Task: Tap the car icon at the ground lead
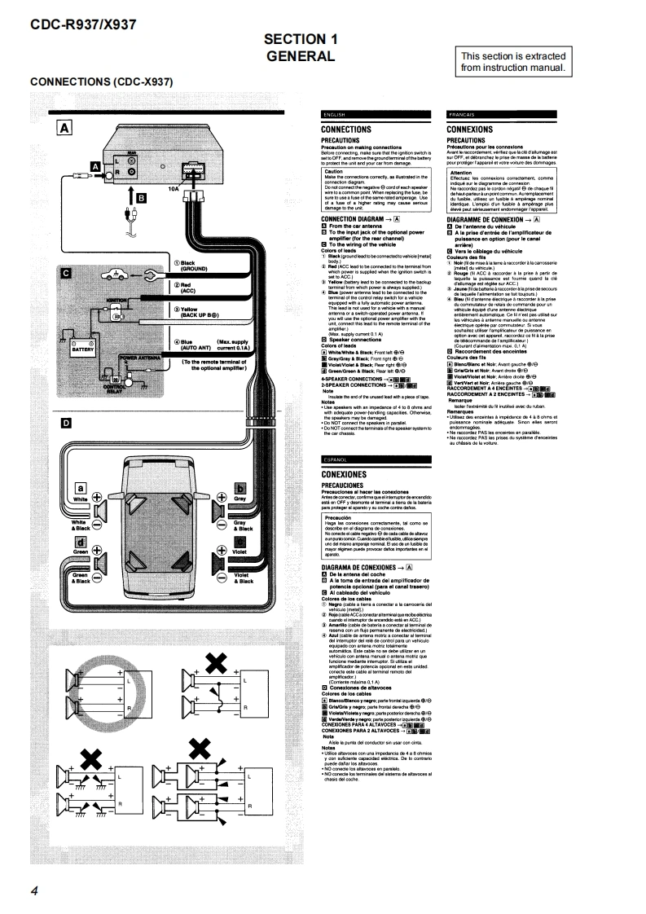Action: coord(113,276)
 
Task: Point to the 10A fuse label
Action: coord(173,188)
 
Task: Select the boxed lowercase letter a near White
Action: coord(81,486)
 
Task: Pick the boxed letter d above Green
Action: coord(81,542)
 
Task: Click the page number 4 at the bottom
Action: coord(34,890)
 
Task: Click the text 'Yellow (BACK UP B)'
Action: coord(188,312)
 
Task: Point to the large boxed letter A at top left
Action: coord(64,126)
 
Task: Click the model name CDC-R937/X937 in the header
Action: coord(82,24)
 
